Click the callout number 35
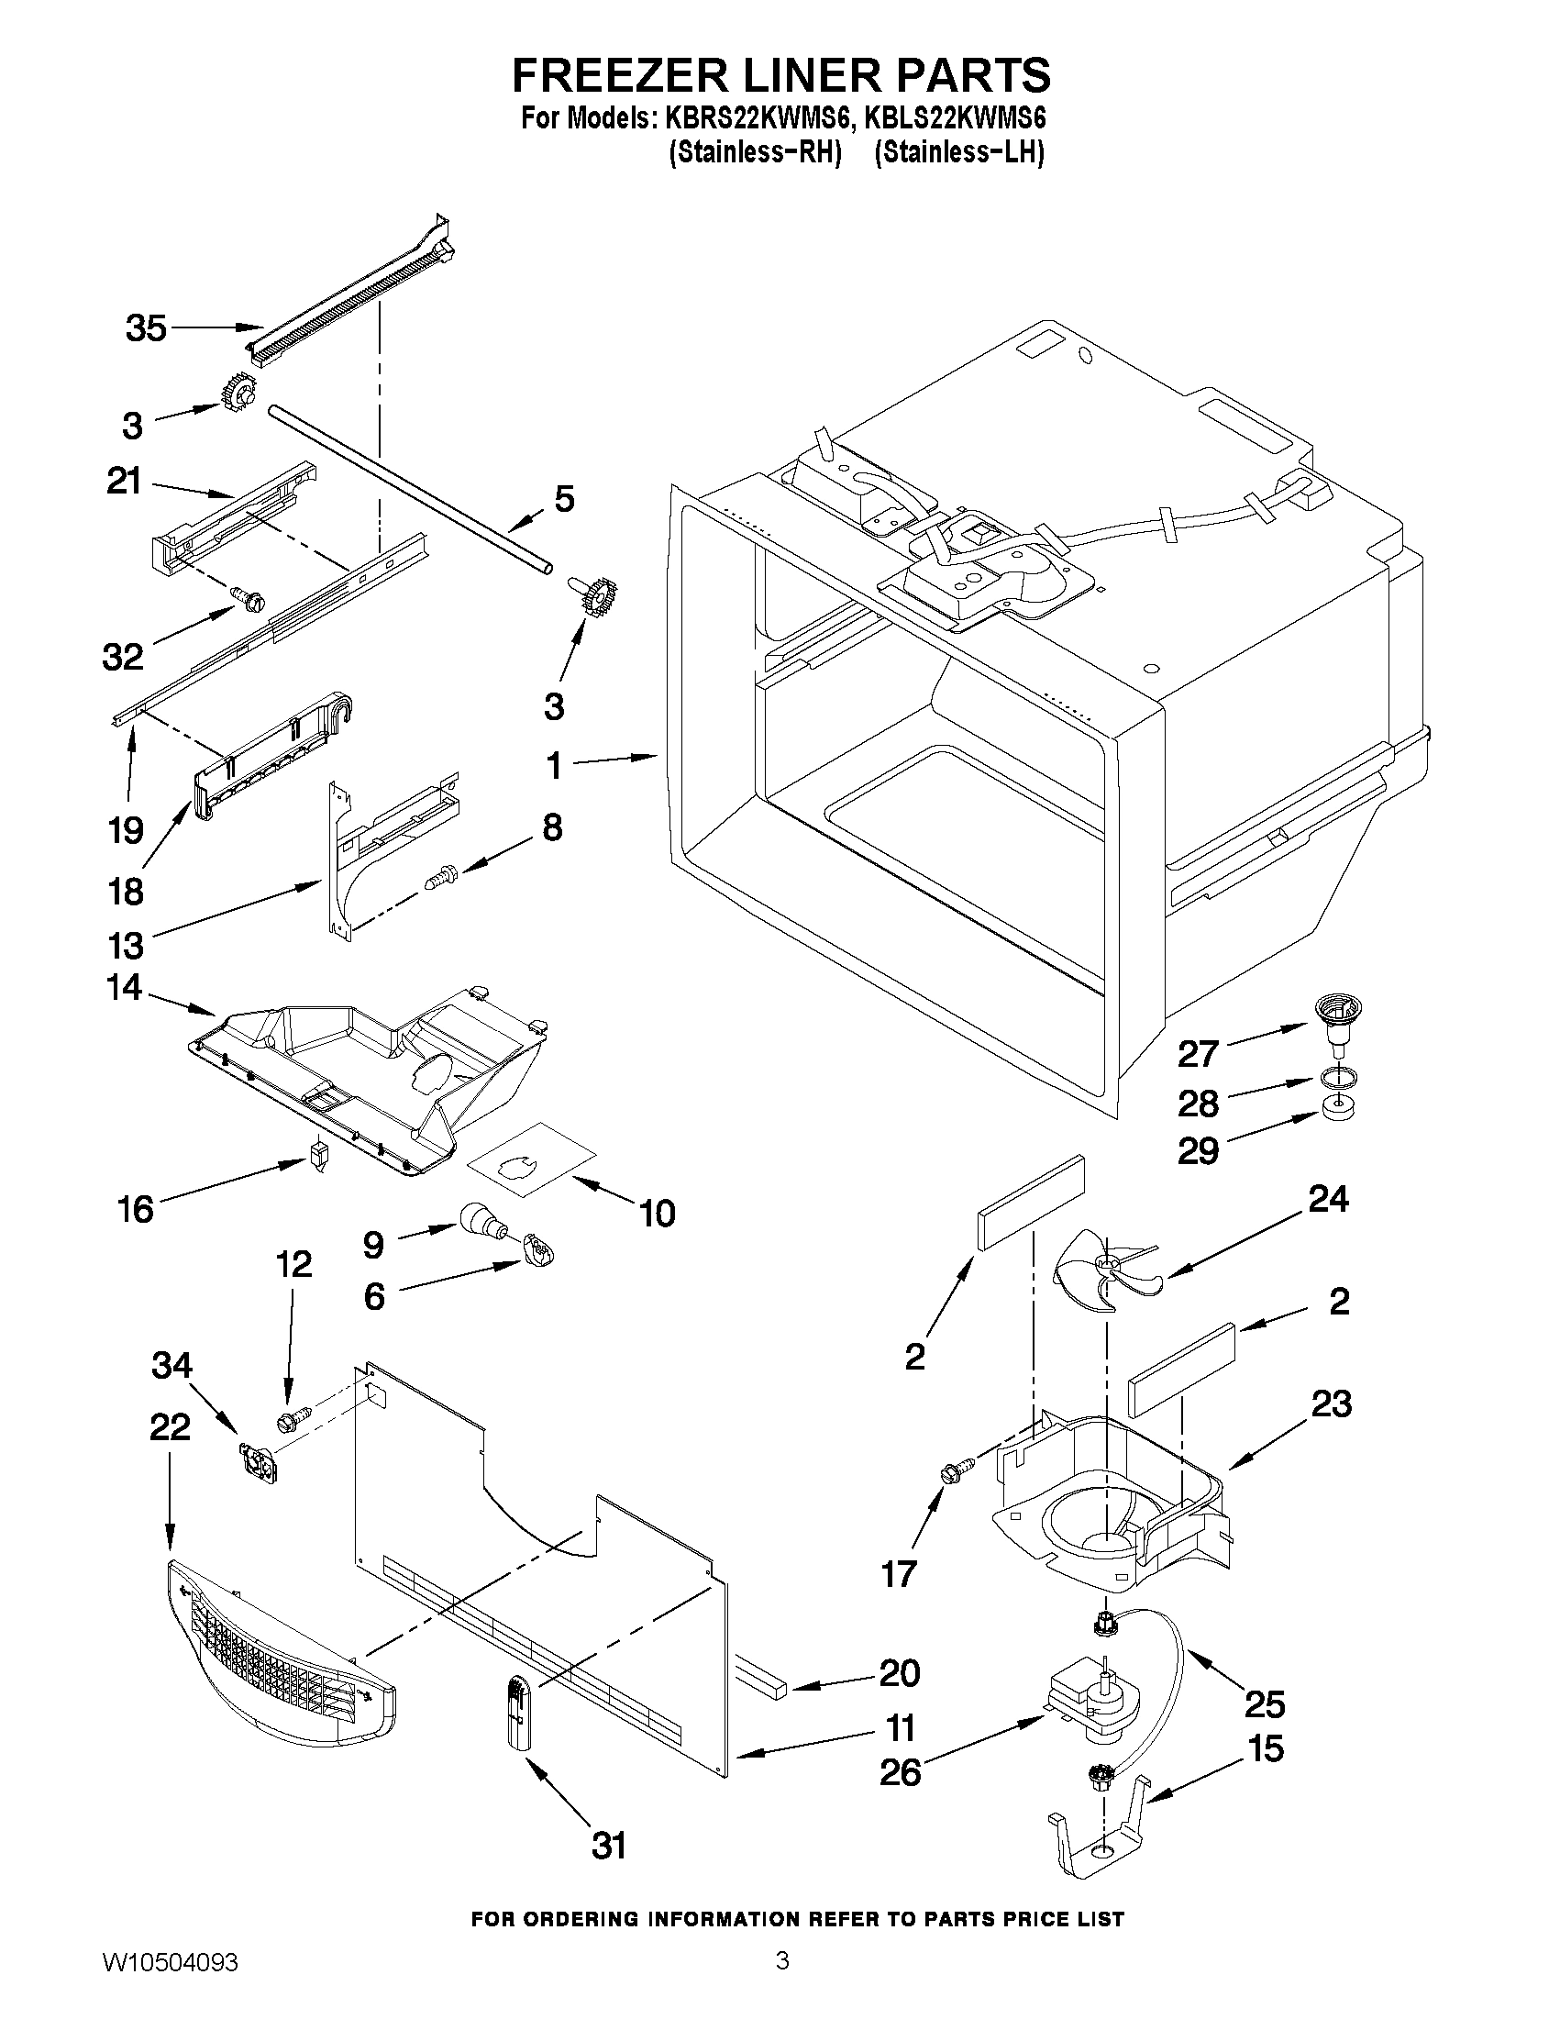(146, 328)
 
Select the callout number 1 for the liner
(554, 765)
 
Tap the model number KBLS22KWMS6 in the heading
(954, 119)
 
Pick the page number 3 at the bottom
(782, 1980)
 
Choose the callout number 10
(657, 1213)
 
